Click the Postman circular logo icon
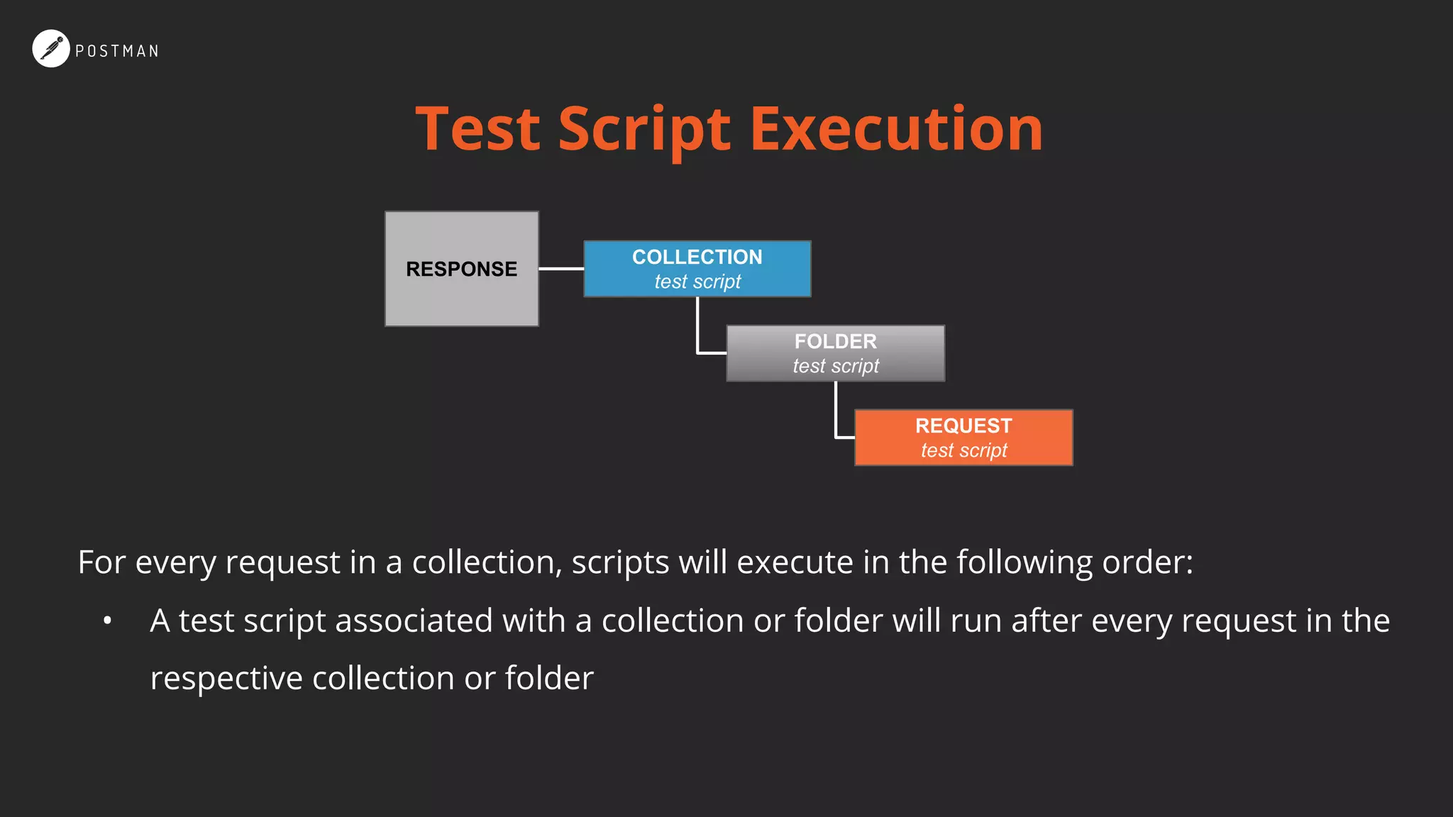(x=51, y=49)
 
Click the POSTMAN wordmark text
(x=117, y=51)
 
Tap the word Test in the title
(x=478, y=130)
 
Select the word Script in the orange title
(x=644, y=130)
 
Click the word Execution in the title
(x=897, y=130)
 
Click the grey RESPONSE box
(x=461, y=269)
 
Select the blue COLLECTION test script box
(x=697, y=269)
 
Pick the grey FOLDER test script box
(x=835, y=353)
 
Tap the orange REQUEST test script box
(x=963, y=438)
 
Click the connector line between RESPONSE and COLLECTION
(x=561, y=269)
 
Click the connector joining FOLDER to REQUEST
(x=836, y=412)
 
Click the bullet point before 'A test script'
(x=107, y=621)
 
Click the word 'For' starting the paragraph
(x=101, y=562)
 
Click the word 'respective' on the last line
(x=226, y=679)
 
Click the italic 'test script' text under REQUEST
(x=963, y=450)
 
